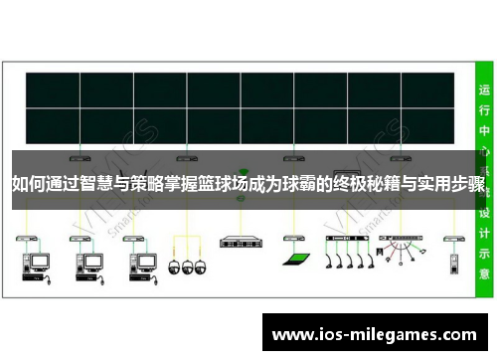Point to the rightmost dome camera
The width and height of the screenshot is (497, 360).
click(x=198, y=267)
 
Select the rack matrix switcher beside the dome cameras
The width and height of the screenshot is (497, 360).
click(x=239, y=242)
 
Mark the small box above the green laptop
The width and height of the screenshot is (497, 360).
click(x=291, y=239)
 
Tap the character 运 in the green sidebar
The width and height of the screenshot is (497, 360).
click(x=484, y=90)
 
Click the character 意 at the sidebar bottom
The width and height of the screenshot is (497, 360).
click(x=484, y=272)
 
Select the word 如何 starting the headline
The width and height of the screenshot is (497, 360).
click(x=28, y=184)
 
